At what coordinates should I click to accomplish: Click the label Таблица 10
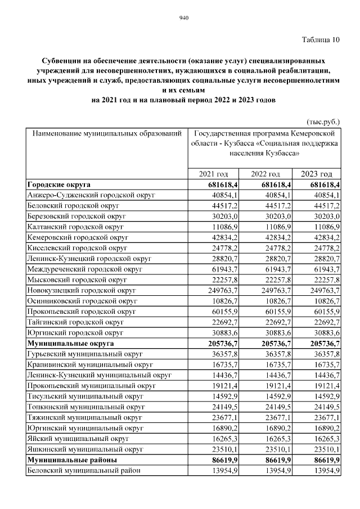click(321, 39)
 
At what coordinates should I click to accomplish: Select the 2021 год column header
click(214, 174)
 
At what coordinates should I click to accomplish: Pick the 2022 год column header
click(265, 174)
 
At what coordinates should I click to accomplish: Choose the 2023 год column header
click(317, 174)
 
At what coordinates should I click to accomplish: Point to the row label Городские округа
click(59, 184)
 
